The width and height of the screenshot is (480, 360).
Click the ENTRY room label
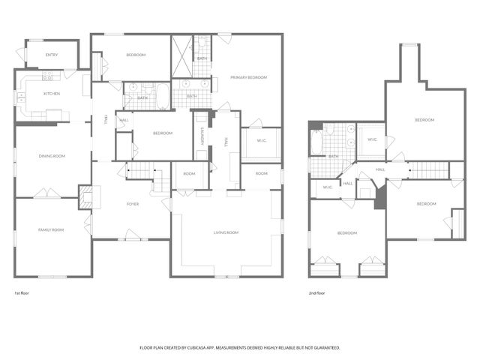(x=52, y=55)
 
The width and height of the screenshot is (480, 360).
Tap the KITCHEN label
(x=52, y=94)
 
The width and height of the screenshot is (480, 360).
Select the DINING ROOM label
(x=52, y=156)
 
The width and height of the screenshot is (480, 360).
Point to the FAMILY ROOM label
(x=51, y=229)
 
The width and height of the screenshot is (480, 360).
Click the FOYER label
(x=133, y=203)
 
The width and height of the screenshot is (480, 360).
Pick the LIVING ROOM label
(x=226, y=233)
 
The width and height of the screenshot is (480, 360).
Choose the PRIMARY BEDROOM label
(x=249, y=77)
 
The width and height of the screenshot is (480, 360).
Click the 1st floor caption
(x=23, y=293)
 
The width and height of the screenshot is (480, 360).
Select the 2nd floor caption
(x=317, y=293)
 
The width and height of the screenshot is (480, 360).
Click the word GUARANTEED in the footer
(x=323, y=348)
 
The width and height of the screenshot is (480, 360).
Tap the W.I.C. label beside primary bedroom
(x=262, y=141)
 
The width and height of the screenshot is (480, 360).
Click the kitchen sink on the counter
(x=47, y=76)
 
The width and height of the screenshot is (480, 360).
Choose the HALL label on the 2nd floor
(x=381, y=169)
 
